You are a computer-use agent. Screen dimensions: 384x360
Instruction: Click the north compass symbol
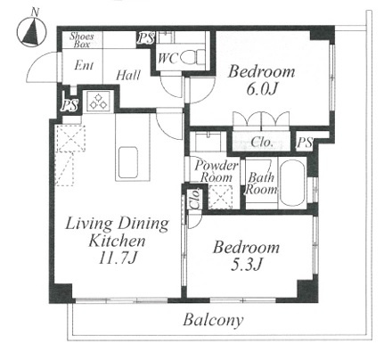(31, 30)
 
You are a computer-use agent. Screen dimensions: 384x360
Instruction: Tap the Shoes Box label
(82, 40)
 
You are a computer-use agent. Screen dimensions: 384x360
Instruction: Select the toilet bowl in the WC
(192, 57)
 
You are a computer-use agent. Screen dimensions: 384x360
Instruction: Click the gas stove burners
(99, 101)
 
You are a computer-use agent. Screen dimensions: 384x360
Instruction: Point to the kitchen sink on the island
(128, 162)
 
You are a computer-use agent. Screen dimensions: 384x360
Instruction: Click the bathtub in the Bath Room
(292, 183)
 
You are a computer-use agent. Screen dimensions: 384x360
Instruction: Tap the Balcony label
(213, 320)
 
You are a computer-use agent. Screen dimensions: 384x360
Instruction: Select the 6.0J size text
(261, 89)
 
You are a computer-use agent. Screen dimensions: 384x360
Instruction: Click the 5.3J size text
(247, 265)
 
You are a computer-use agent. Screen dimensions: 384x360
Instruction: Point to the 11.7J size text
(118, 258)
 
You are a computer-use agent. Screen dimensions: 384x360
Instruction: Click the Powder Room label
(217, 171)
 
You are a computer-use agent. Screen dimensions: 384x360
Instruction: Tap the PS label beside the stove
(69, 105)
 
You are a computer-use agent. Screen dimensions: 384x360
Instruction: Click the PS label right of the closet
(305, 143)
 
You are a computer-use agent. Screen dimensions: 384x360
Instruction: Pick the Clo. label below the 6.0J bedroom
(262, 143)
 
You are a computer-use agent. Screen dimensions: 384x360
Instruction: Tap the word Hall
(128, 76)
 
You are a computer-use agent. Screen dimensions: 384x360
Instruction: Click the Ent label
(84, 65)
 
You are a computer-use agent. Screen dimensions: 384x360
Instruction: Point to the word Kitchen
(117, 241)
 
